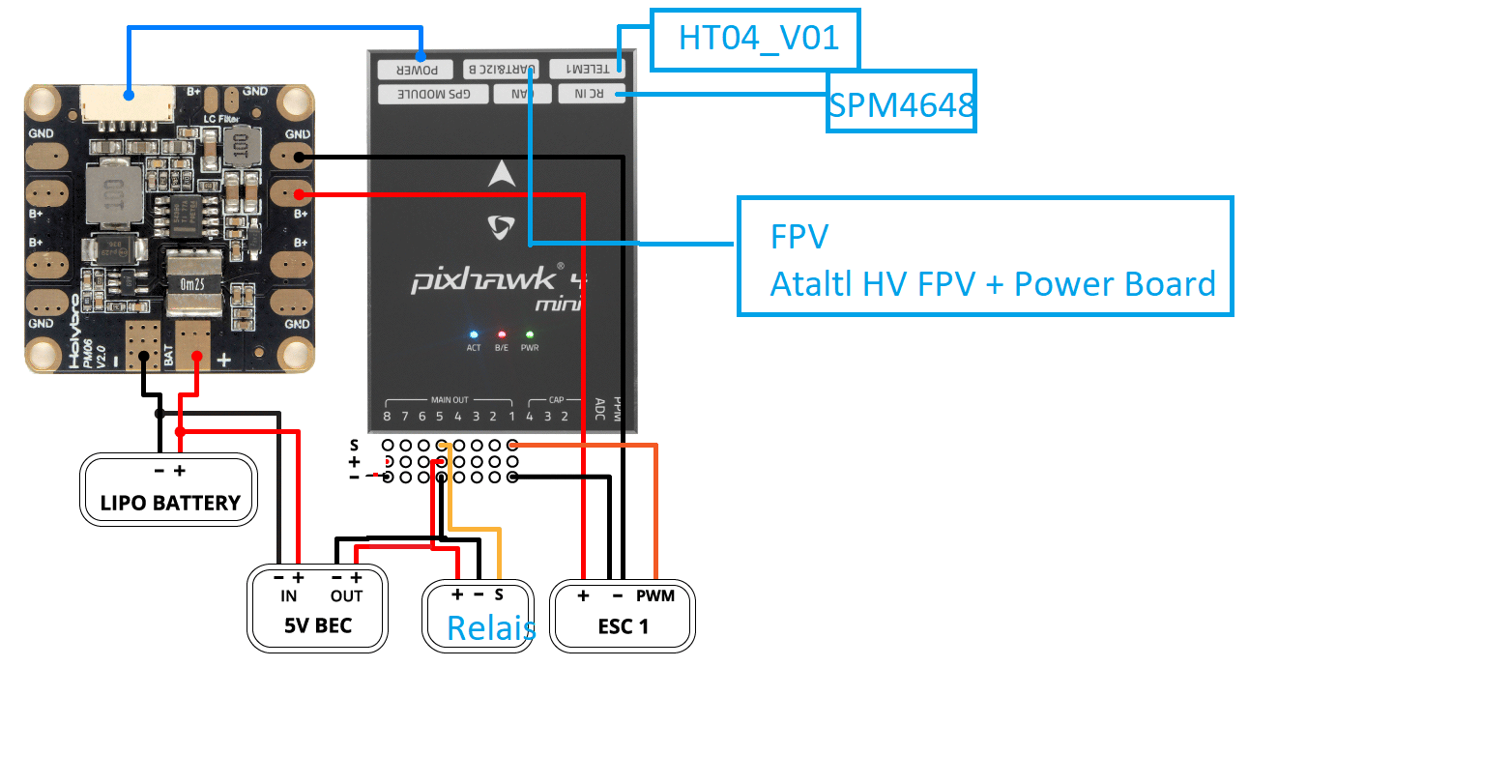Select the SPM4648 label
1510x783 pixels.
pos(901,102)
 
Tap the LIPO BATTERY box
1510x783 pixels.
pos(169,490)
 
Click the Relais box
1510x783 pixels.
pos(479,616)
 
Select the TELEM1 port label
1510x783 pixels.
pos(587,69)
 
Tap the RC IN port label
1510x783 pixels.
pos(589,94)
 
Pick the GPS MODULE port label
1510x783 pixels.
pos(434,94)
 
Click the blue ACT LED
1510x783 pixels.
pos(474,334)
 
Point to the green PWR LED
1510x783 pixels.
pos(530,334)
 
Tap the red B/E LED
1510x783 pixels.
pos(501,334)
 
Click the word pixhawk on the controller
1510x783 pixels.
pos(483,280)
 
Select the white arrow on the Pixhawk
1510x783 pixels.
pos(501,174)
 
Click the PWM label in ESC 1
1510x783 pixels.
pos(654,595)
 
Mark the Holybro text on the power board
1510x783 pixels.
pos(74,333)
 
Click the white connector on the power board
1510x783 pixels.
pos(128,104)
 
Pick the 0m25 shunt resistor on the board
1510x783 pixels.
pos(192,283)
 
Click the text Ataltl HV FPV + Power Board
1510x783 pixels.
pos(992,284)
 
